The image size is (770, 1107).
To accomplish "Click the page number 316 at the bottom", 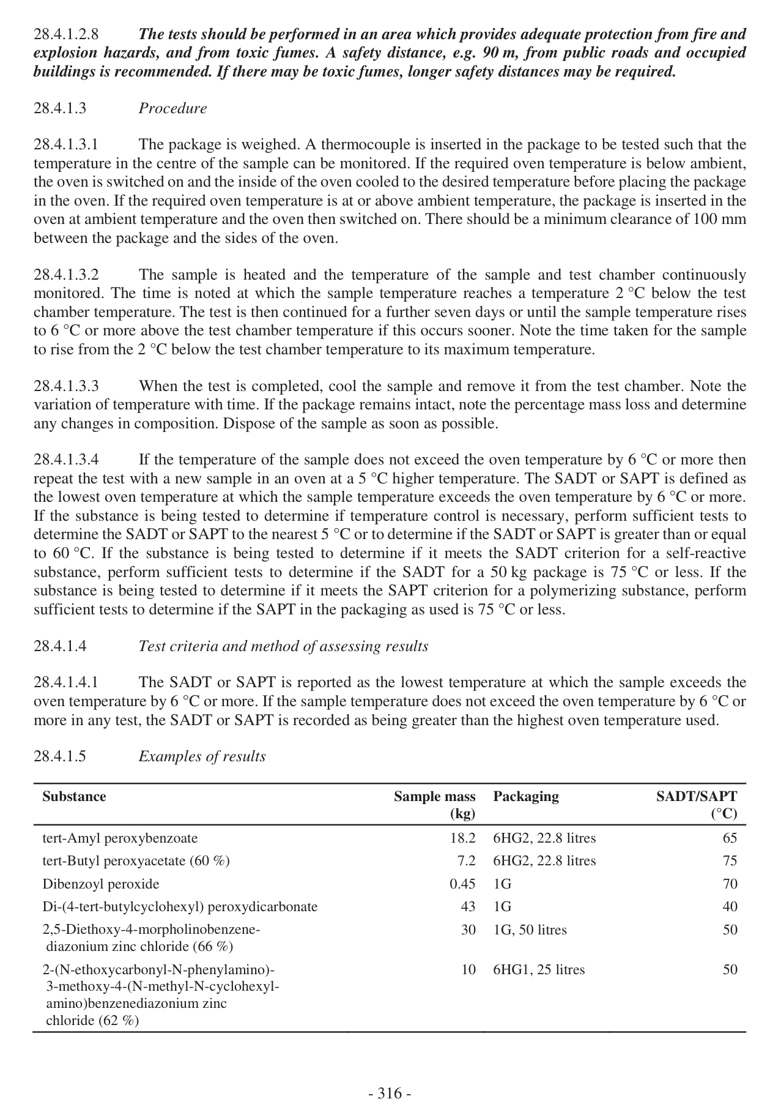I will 390,1092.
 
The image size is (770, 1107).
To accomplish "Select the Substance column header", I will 74,796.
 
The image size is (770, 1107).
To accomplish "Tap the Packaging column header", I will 525,796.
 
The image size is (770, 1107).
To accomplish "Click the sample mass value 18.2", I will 462,838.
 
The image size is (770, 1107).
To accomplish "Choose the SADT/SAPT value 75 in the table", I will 730,860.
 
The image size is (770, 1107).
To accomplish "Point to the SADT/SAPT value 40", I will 730,906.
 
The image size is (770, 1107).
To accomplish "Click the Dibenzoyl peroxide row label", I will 100,884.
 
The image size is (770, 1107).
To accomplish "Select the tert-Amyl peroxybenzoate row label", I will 120,838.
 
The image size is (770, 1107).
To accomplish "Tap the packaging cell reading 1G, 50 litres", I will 530,930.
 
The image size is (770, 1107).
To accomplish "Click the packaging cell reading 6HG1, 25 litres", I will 538,969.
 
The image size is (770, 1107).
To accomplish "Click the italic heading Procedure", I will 172,108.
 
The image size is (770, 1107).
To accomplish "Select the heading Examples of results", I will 202,756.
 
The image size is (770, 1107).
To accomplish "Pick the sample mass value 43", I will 468,906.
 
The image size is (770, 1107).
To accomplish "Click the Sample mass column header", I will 434,804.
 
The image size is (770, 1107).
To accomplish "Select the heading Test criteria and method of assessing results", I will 283,646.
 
